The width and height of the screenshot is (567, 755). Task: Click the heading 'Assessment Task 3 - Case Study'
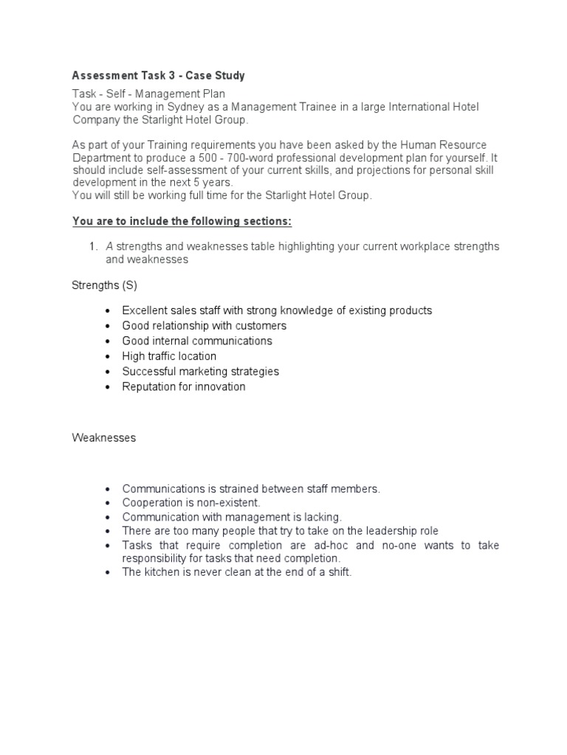[x=158, y=76]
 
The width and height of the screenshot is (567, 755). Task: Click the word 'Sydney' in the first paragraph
[x=190, y=107]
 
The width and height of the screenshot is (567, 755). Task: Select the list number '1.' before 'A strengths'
[x=93, y=246]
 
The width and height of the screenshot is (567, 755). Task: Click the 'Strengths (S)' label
[x=104, y=285]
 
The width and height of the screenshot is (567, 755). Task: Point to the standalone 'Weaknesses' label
[x=103, y=438]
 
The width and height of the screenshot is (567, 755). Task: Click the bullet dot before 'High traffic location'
[x=108, y=357]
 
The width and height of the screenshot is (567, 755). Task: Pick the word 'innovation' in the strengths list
[x=219, y=387]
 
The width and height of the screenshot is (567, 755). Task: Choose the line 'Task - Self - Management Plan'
[x=148, y=94]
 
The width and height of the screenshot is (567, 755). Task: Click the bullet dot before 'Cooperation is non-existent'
[x=108, y=503]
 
